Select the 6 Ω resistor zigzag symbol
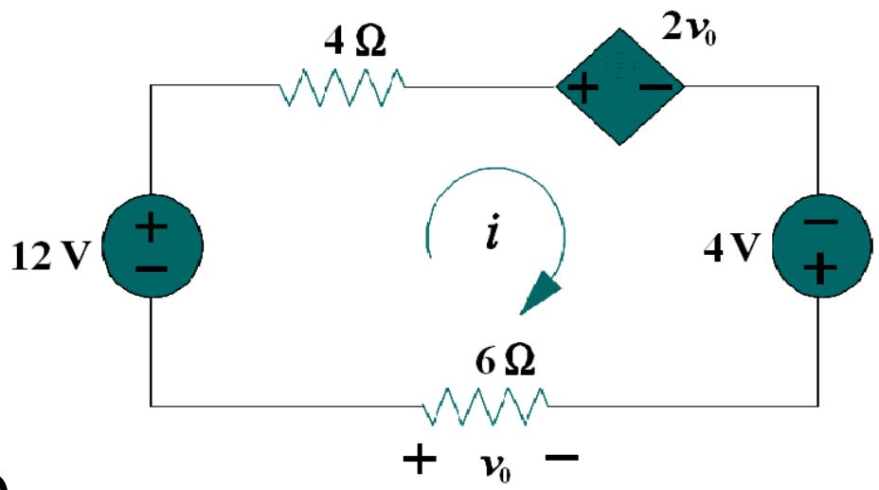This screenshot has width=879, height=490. (x=483, y=406)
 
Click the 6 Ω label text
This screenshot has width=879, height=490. (x=495, y=363)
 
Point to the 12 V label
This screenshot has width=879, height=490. (x=45, y=258)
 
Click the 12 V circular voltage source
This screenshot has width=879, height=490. (x=152, y=248)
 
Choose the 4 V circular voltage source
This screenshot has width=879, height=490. (x=820, y=248)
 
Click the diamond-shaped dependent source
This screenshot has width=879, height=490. (x=619, y=87)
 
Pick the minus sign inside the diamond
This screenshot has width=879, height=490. (x=654, y=88)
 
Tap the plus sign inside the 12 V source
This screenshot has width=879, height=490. (x=152, y=227)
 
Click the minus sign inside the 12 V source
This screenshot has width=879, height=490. (x=152, y=269)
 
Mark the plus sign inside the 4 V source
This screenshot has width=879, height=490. (x=820, y=270)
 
